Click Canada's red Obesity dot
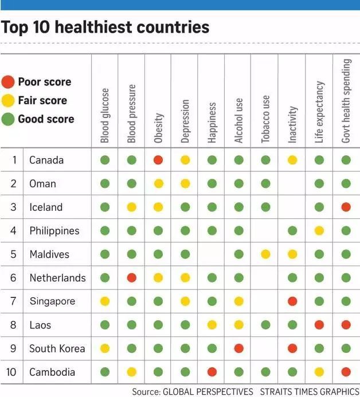tap(158, 160)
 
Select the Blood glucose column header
tap(105, 116)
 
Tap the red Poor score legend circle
tap(8, 82)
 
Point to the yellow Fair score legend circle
tap(8, 100)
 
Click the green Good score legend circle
tap(8, 119)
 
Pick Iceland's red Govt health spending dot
tap(346, 207)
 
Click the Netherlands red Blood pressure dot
tap(131, 278)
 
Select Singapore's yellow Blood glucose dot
tap(105, 301)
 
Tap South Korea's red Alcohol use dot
tap(238, 348)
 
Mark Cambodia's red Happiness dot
tap(212, 372)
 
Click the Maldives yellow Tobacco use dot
tap(265, 254)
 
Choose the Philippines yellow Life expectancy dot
tap(319, 231)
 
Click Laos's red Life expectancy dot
tap(319, 325)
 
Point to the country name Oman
tap(42, 183)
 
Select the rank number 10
tap(11, 372)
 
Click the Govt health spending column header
tap(346, 101)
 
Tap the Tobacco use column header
tap(265, 119)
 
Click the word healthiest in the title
tap(94, 27)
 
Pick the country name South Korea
tap(57, 349)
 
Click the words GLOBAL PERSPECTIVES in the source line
tap(208, 391)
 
